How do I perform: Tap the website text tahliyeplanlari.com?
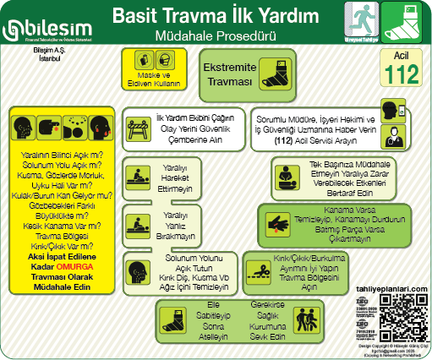[395, 288]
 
